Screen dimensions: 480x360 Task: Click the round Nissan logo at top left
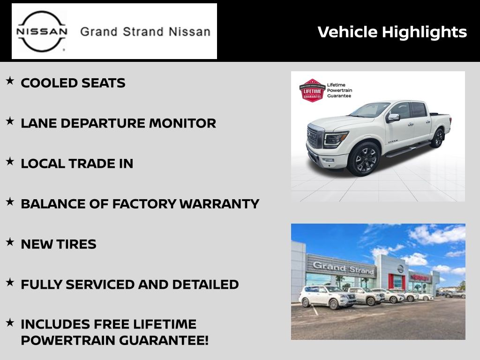pyautogui.click(x=42, y=31)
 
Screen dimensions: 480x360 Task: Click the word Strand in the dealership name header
pyautogui.click(x=143, y=32)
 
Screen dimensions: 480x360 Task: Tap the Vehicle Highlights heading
pyautogui.click(x=392, y=32)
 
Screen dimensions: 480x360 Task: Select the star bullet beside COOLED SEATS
pyautogui.click(x=10, y=81)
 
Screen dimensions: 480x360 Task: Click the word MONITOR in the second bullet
pyautogui.click(x=182, y=123)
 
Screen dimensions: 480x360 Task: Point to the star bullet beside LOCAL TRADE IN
pyautogui.click(x=10, y=161)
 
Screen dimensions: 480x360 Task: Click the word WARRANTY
pyautogui.click(x=219, y=204)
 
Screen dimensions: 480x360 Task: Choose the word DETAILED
pyautogui.click(x=205, y=285)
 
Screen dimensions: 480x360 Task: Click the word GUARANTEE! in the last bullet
pyautogui.click(x=164, y=340)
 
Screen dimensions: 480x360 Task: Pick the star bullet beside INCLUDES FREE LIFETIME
pyautogui.click(x=10, y=322)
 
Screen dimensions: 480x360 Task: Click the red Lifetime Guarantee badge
pyautogui.click(x=312, y=90)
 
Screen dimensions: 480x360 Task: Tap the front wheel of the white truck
pyautogui.click(x=364, y=159)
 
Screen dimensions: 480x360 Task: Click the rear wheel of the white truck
pyautogui.click(x=438, y=138)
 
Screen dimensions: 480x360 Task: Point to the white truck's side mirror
pyautogui.click(x=393, y=117)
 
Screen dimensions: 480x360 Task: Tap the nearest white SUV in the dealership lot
pyautogui.click(x=327, y=296)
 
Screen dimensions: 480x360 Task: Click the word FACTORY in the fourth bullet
pyautogui.click(x=144, y=204)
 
